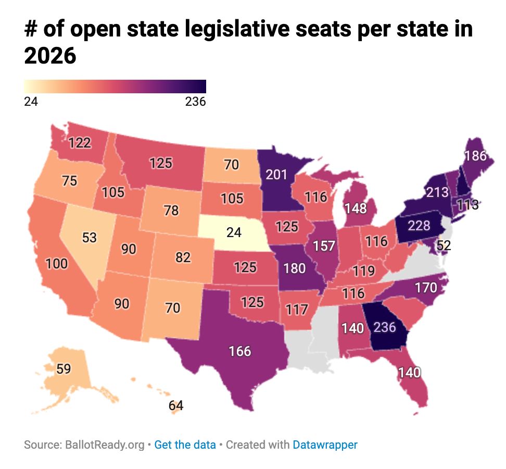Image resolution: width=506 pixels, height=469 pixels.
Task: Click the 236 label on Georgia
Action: tap(385, 328)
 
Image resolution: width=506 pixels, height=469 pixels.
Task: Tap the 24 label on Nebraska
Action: tap(234, 232)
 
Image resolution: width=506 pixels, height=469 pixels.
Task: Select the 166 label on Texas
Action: tap(240, 351)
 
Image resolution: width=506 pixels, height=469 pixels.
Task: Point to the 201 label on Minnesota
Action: tap(276, 175)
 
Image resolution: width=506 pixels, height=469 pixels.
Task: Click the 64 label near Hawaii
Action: tap(176, 405)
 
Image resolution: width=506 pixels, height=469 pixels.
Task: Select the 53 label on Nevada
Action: tap(90, 238)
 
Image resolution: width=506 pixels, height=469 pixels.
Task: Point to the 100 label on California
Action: tap(56, 264)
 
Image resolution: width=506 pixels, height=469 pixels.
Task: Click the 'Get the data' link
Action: tap(185, 445)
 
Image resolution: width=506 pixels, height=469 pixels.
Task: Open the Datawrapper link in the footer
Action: tap(325, 445)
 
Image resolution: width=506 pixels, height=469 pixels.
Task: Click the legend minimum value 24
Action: tap(31, 102)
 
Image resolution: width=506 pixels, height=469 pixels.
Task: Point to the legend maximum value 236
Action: tap(196, 102)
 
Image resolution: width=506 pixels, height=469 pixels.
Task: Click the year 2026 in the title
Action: tap(50, 56)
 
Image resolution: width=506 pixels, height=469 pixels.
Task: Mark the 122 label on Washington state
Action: tap(80, 142)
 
